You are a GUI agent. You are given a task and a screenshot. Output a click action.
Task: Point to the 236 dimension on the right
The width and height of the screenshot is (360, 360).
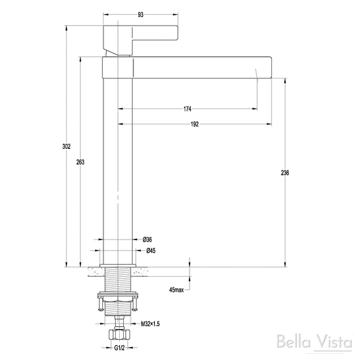[x=285, y=173]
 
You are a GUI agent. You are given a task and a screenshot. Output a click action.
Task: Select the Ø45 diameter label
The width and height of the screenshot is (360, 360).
[x=151, y=250]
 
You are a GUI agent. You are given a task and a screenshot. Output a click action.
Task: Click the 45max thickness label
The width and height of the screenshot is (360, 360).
[x=177, y=290]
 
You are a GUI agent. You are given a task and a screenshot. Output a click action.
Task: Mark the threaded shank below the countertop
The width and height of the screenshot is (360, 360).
[x=118, y=279]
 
